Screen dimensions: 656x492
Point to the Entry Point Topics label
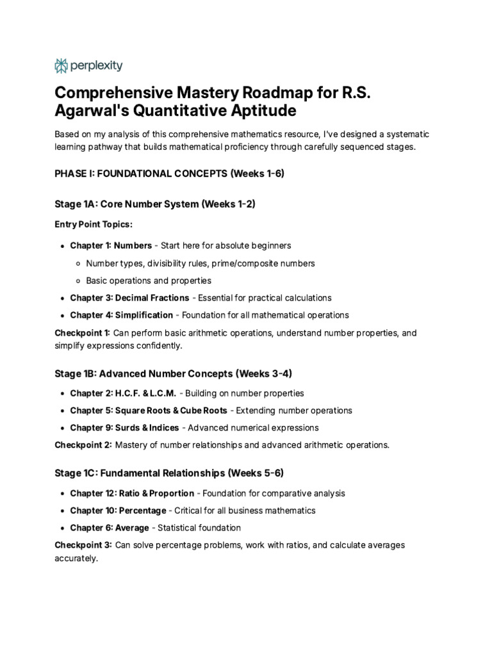click(x=94, y=224)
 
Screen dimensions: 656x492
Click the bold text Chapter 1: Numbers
click(x=111, y=245)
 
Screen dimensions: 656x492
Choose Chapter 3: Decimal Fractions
click(x=129, y=298)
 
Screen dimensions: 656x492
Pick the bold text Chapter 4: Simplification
click(x=121, y=315)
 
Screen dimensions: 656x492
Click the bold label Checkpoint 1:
click(x=83, y=332)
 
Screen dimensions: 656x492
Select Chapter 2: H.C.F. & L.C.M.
click(x=122, y=393)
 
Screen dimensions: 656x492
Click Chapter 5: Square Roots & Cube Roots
click(x=148, y=411)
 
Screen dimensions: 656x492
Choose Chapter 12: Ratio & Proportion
click(x=132, y=493)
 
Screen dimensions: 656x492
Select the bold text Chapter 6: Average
click(x=109, y=528)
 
